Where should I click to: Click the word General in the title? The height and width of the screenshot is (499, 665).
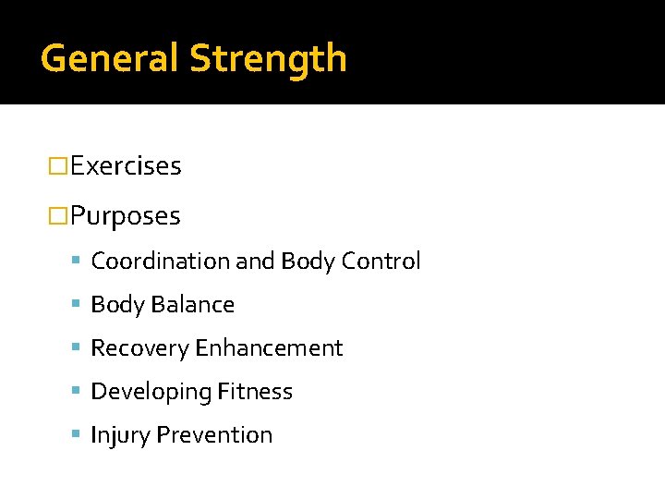(x=111, y=59)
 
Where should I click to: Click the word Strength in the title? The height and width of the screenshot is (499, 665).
(x=268, y=59)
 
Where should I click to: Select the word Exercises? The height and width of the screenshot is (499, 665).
(x=126, y=166)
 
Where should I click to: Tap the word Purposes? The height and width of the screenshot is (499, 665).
(x=126, y=216)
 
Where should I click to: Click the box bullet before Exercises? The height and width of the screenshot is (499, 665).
(x=58, y=166)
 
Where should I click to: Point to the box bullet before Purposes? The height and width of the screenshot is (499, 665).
(x=58, y=216)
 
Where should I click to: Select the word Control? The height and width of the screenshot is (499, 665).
(x=381, y=262)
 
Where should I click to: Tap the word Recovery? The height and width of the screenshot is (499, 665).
(x=139, y=348)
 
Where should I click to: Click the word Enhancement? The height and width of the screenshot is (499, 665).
(x=269, y=348)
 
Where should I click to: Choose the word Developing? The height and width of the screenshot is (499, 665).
(x=151, y=392)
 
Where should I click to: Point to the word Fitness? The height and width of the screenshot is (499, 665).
(x=256, y=392)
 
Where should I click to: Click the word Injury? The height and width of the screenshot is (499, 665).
(x=120, y=435)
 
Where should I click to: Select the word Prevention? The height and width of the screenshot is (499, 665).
(x=214, y=435)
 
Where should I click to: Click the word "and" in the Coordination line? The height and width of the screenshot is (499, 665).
(x=256, y=262)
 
